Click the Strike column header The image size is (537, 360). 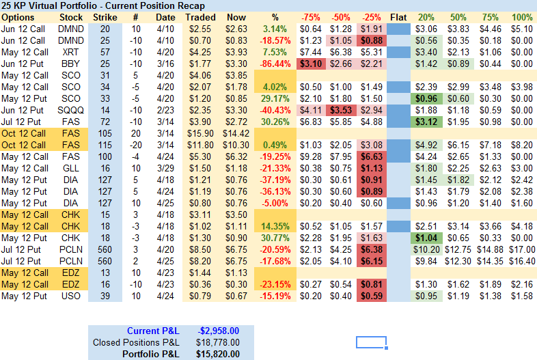click(105, 17)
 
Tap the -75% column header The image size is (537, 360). click(311, 17)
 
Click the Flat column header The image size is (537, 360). click(398, 17)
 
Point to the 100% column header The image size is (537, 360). click(522, 17)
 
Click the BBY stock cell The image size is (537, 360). click(71, 64)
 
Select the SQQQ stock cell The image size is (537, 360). click(71, 110)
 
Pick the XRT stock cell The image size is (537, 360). click(71, 52)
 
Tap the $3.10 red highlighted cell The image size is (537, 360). click(311, 64)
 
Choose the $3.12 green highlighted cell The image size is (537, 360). click(427, 122)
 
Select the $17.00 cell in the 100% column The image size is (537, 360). click(522, 249)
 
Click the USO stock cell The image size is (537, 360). click(71, 296)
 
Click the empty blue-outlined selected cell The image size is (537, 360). click(371, 342)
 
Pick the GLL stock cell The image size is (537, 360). click(71, 168)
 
